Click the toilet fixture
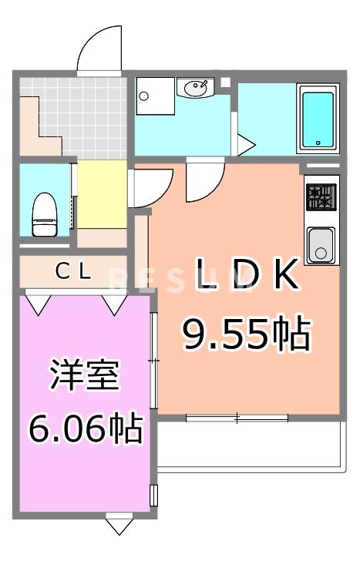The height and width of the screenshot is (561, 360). pos(44,213)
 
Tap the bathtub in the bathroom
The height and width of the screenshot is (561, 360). pos(317,119)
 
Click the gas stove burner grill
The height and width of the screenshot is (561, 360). pos(321,197)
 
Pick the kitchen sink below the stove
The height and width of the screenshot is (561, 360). pos(321,245)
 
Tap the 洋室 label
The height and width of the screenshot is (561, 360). pos(84,378)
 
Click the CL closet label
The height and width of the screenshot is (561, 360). pos(74,271)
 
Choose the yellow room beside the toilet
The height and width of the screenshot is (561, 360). pos(101,194)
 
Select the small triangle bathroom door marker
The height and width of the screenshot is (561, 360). pos(246,144)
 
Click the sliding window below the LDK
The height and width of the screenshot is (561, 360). pos(237,417)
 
